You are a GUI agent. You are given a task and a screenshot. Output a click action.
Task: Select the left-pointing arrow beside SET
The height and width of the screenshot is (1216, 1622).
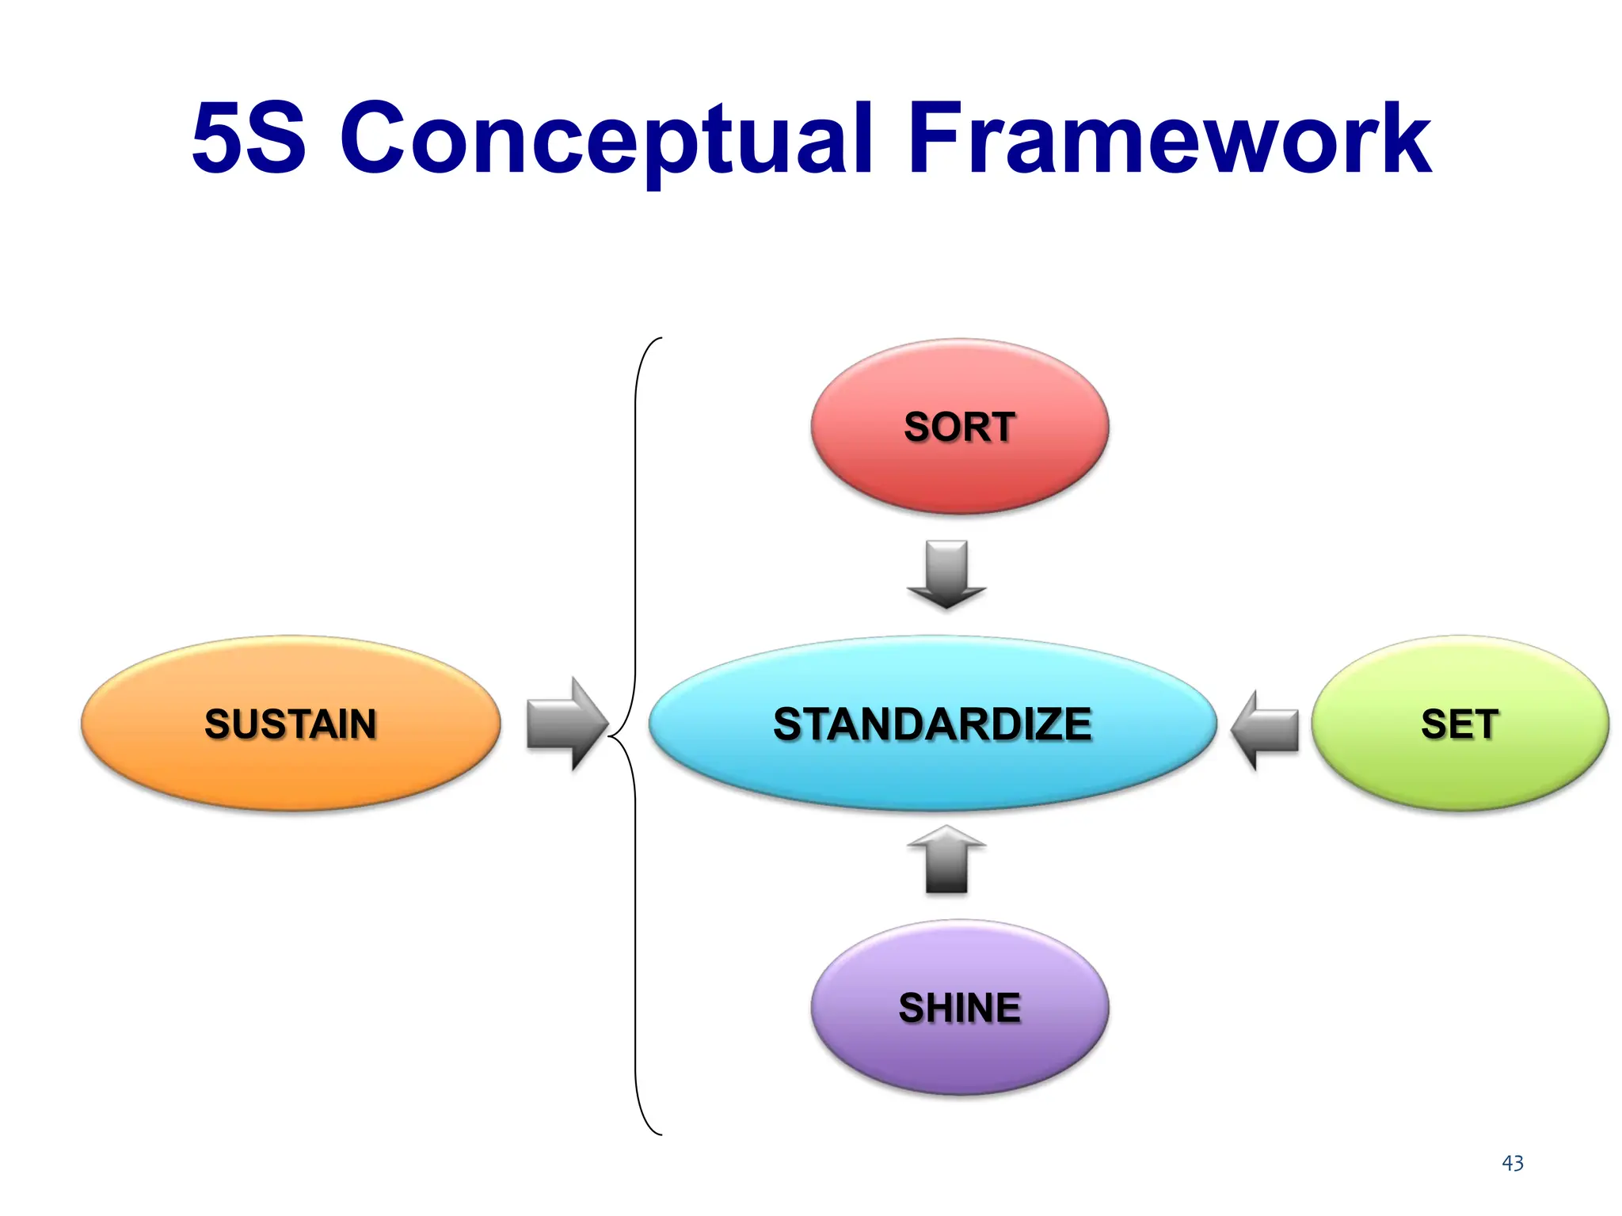pyautogui.click(x=1265, y=729)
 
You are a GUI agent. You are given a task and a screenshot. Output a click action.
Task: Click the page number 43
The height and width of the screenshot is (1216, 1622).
pyautogui.click(x=1512, y=1163)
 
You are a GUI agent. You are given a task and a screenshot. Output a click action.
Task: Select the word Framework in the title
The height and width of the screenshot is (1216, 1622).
pyautogui.click(x=1169, y=139)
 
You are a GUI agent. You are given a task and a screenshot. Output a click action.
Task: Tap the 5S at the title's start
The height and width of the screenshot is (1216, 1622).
pyautogui.click(x=249, y=139)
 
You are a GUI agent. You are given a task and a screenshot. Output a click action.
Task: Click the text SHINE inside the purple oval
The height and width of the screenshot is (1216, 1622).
pyautogui.click(x=959, y=1008)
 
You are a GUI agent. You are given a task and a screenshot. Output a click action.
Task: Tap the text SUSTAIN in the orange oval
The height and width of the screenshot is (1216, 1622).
pyautogui.click(x=291, y=724)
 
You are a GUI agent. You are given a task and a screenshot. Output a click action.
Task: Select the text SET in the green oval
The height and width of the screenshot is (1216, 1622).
pyautogui.click(x=1460, y=724)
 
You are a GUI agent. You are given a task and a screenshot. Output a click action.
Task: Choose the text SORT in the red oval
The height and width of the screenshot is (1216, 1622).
pyautogui.click(x=959, y=427)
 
